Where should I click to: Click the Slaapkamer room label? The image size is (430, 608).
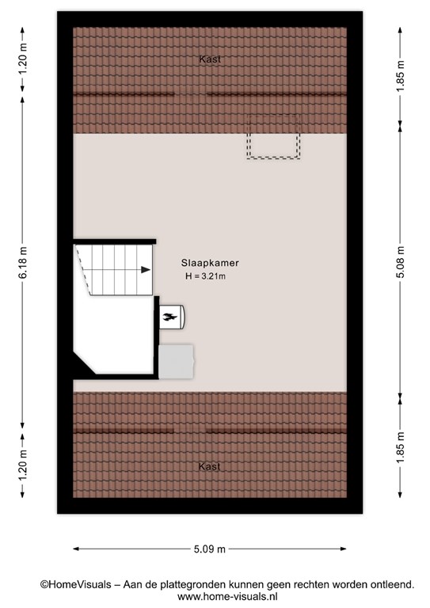[x=210, y=263]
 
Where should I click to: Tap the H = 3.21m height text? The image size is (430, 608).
[x=206, y=276]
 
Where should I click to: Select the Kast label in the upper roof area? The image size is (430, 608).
[x=210, y=59]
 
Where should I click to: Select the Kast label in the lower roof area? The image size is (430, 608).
[x=209, y=466]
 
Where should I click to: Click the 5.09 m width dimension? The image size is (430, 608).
[x=210, y=549]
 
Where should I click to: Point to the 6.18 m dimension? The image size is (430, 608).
[x=23, y=263]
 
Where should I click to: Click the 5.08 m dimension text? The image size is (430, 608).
[x=400, y=263]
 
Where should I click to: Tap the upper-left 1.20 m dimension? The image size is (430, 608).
[x=23, y=59]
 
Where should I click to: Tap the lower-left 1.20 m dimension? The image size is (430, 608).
[x=23, y=465]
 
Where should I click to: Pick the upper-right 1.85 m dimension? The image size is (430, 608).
[x=400, y=76]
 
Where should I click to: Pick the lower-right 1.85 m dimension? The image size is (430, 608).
[x=400, y=447]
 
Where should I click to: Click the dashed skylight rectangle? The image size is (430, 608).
[x=248, y=136]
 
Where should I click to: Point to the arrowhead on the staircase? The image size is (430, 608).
[x=146, y=270]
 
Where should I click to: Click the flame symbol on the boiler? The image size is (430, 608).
[x=169, y=317]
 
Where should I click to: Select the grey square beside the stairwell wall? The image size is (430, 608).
[x=177, y=362]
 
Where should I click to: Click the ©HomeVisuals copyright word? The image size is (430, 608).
[x=75, y=585]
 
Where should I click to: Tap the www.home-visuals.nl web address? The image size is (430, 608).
[x=227, y=597]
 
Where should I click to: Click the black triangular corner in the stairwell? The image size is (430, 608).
[x=82, y=364]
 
